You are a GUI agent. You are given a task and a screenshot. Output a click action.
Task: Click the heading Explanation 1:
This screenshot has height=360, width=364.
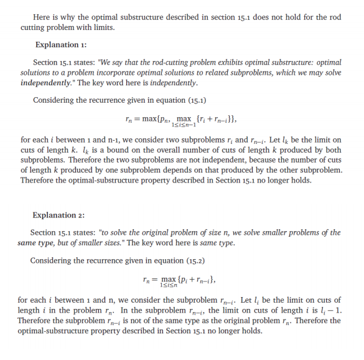61,45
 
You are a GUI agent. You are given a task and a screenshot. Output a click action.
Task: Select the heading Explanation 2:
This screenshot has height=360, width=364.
58,216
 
